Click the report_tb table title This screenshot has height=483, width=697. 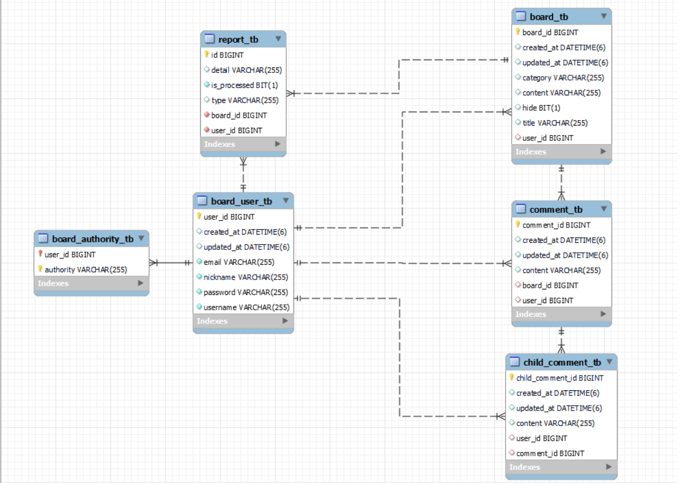click(238, 39)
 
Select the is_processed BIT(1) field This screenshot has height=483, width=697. click(245, 85)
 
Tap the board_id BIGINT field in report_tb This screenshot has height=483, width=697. click(239, 115)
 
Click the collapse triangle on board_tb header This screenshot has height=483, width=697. click(604, 16)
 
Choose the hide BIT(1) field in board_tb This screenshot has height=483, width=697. click(541, 108)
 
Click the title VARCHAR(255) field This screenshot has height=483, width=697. click(555, 123)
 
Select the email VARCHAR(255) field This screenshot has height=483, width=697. click(239, 262)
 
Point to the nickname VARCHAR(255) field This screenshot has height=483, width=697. click(246, 277)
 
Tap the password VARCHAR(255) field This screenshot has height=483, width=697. click(246, 292)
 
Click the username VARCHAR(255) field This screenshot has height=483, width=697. click(246, 308)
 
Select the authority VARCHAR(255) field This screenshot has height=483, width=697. click(86, 269)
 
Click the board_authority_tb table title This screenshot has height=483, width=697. click(93, 239)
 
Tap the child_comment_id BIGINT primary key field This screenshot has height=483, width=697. click(559, 378)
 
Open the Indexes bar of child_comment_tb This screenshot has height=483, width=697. click(561, 467)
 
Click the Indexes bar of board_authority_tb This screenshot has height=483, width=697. click(91, 283)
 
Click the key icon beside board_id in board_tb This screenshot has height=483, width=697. click(518, 32)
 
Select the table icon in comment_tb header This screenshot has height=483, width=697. click(521, 209)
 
